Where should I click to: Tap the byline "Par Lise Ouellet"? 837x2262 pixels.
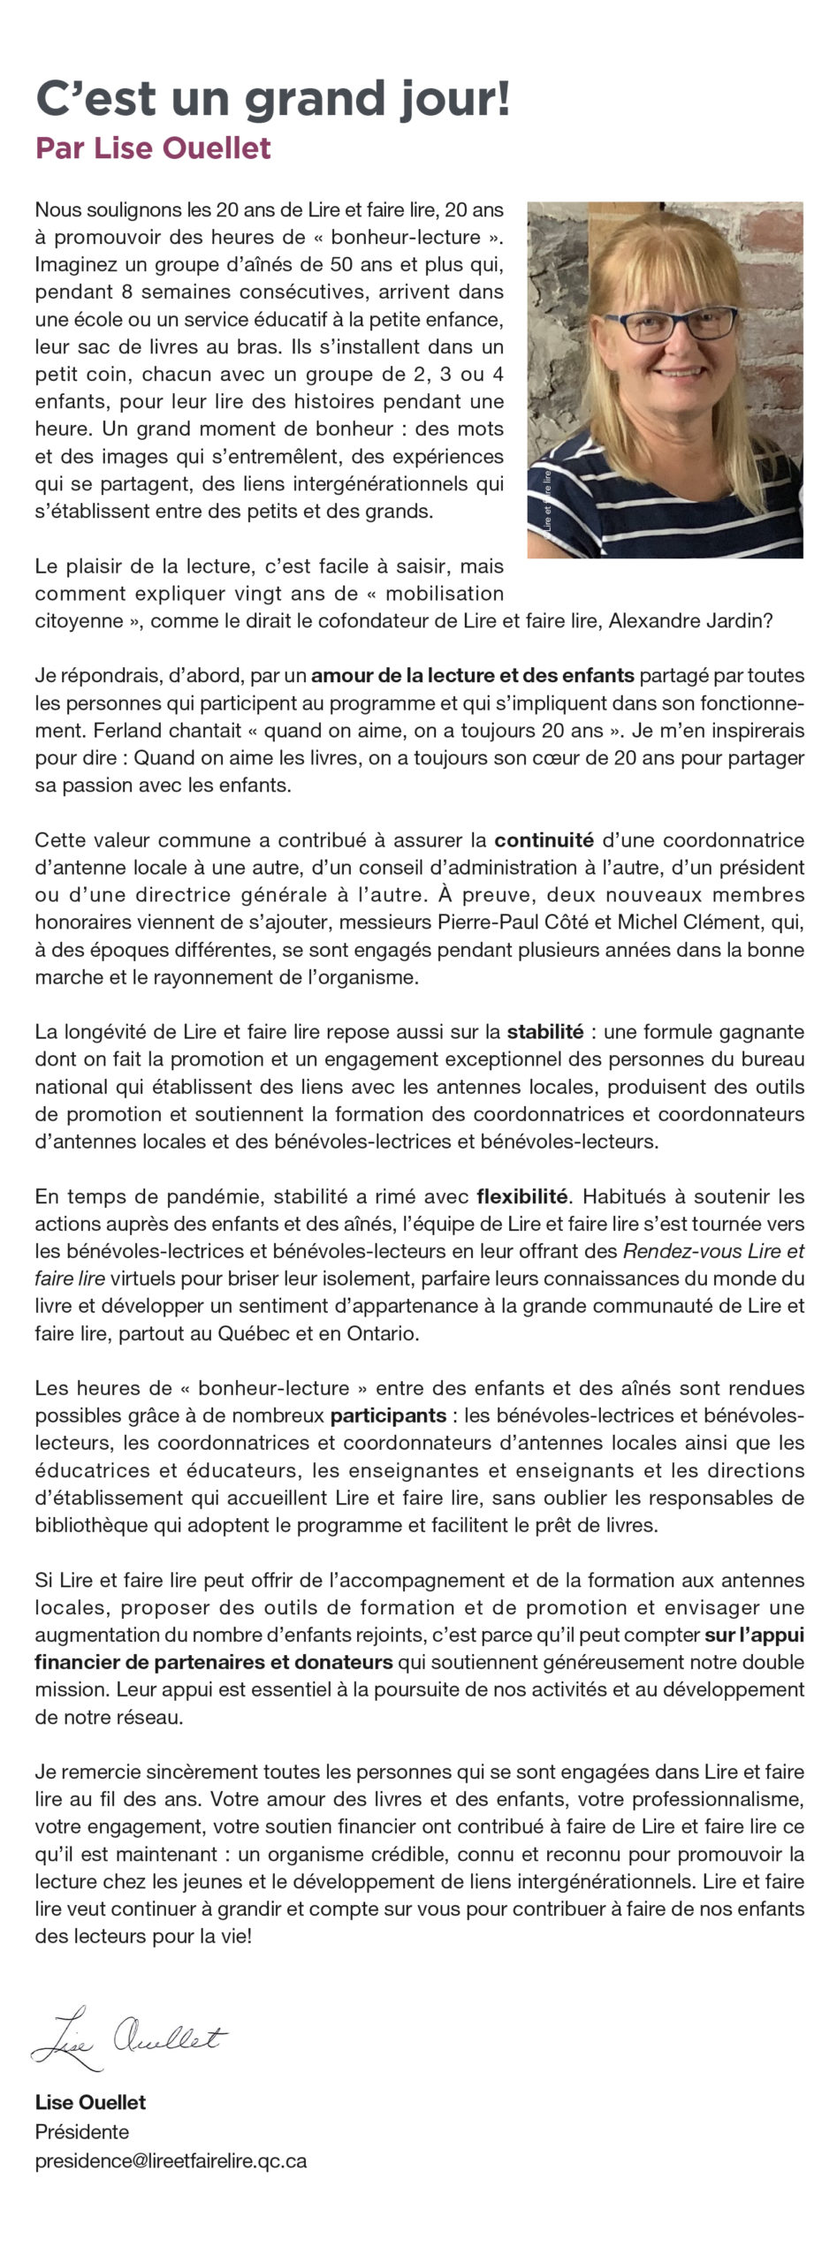click(153, 148)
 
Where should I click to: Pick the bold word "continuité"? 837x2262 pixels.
click(544, 839)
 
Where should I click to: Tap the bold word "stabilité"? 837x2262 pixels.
click(544, 1031)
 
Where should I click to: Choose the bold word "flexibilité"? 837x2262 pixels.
click(521, 1196)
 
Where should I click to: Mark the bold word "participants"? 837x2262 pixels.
click(388, 1416)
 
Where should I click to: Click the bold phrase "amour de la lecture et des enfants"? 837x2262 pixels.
click(473, 676)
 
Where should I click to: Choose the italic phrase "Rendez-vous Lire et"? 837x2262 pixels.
click(713, 1251)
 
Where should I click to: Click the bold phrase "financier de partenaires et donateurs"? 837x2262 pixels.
click(214, 1662)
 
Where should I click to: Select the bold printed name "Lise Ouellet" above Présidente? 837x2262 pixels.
click(90, 2102)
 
